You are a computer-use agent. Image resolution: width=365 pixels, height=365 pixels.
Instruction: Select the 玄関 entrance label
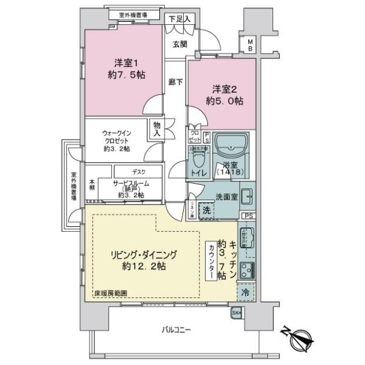point(179,44)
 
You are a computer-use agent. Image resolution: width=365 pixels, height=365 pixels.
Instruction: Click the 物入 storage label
point(156,128)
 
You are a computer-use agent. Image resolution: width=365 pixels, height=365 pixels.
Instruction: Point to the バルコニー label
point(176,330)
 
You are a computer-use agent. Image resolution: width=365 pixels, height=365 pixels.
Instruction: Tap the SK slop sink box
point(237,313)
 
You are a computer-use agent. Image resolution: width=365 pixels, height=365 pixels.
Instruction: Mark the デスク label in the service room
point(138,172)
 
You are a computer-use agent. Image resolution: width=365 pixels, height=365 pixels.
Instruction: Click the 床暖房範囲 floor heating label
point(110,294)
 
